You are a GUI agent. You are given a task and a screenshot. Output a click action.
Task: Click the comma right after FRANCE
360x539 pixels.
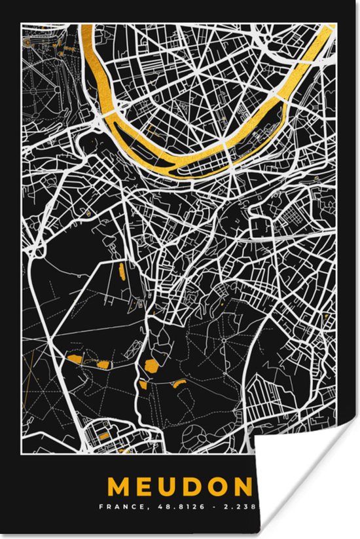coord(140,508)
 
